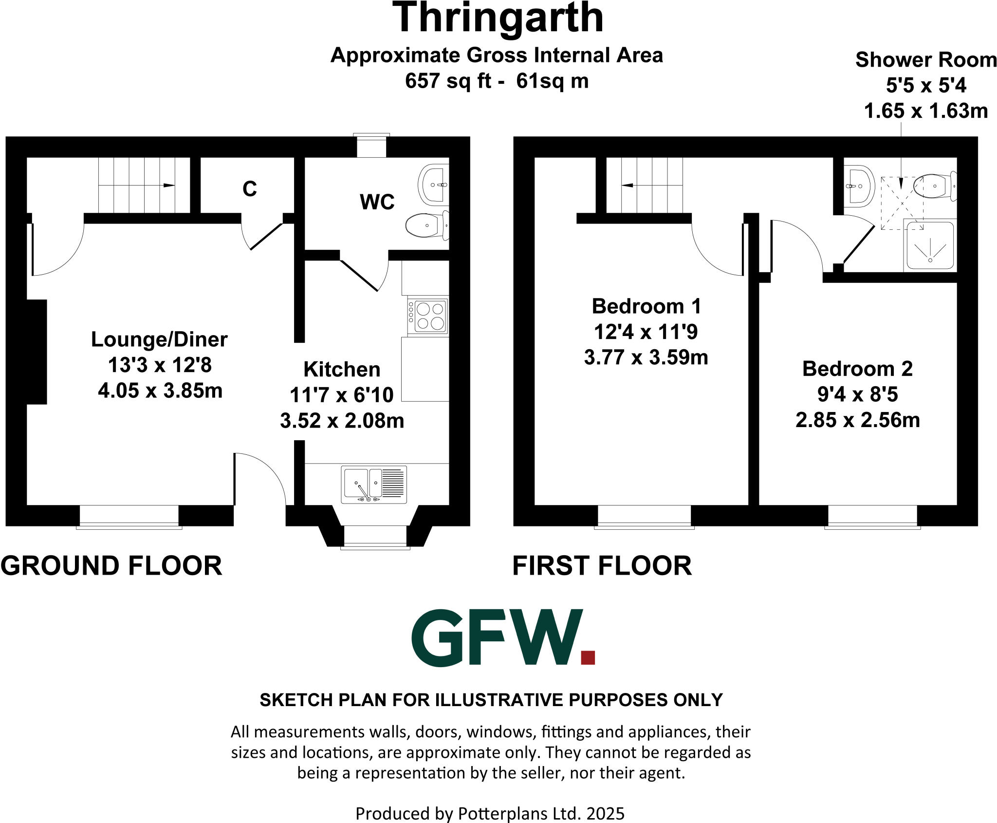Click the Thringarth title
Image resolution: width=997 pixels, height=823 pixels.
498,19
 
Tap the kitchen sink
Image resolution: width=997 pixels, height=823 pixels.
374,485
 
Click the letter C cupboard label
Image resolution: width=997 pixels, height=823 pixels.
249,189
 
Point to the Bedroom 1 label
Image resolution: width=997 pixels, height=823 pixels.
646,306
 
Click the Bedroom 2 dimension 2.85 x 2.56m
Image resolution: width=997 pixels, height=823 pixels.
857,420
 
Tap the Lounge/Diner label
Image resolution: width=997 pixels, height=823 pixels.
159,339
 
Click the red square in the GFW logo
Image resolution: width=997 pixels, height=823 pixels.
588,657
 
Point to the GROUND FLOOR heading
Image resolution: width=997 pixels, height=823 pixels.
111,566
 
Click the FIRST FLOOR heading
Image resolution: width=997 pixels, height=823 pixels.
602,566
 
